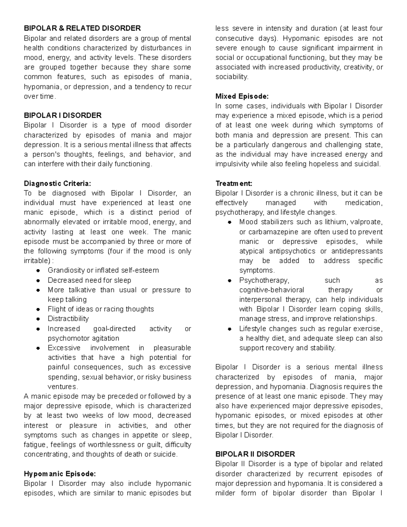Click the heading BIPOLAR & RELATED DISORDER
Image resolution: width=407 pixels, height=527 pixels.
point(82,28)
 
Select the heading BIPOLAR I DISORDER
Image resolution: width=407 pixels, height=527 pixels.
point(63,115)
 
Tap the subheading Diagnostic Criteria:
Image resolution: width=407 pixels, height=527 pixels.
point(57,184)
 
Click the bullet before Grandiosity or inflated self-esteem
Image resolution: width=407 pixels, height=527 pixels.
point(39,270)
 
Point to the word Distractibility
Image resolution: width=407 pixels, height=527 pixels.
point(68,319)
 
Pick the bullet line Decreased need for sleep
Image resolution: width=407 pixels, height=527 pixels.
point(89,280)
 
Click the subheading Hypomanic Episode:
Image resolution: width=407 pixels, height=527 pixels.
point(60,474)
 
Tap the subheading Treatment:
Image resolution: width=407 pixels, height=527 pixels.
point(234,184)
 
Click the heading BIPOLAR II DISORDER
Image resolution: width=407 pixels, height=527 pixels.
point(255,454)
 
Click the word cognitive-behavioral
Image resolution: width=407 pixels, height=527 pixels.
point(272,290)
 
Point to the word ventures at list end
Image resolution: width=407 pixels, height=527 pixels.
point(62,387)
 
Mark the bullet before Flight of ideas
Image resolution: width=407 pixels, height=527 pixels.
point(39,309)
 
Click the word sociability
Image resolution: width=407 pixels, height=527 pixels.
point(231,77)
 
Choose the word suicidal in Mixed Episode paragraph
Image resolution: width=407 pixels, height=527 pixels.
point(367,164)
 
